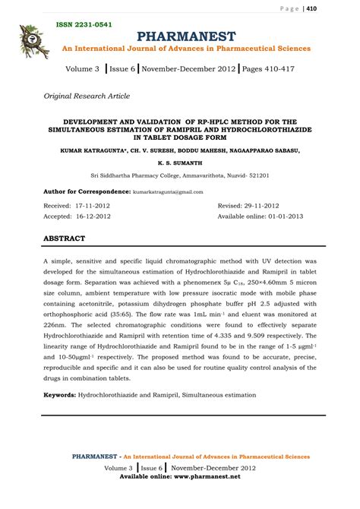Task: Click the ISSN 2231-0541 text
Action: pyautogui.click(x=84, y=25)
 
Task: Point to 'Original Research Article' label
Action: pyautogui.click(x=87, y=96)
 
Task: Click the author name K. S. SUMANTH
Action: pyautogui.click(x=180, y=163)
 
